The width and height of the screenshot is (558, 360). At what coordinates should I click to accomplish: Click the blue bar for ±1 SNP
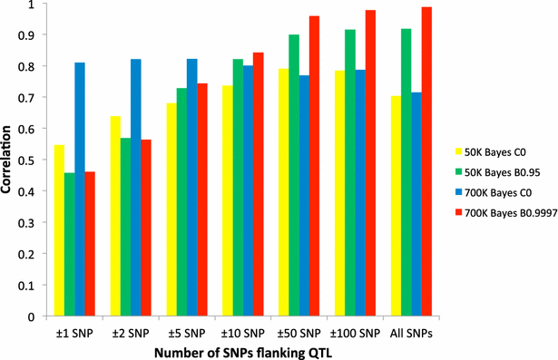(80, 190)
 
